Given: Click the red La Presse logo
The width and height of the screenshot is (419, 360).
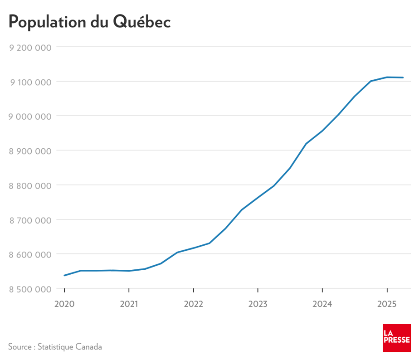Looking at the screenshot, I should click(396, 337).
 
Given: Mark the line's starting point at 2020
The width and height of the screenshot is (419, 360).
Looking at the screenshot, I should click(64, 275).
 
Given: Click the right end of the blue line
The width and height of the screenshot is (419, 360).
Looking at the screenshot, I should click(403, 78).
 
